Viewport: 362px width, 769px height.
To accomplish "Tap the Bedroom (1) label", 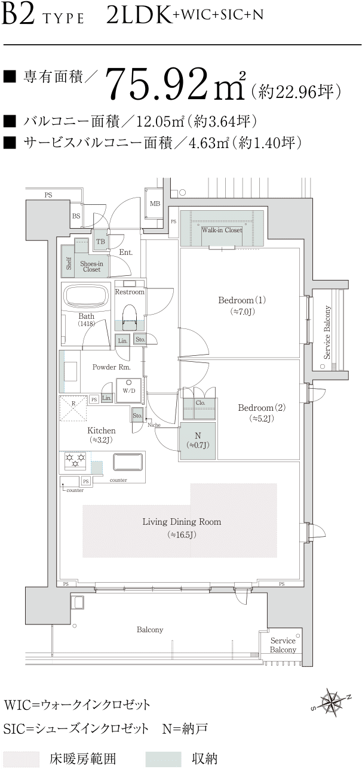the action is [x=242, y=300].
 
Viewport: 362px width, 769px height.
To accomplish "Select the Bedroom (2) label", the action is [x=262, y=408].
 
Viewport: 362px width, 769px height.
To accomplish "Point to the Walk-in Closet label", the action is [x=222, y=230].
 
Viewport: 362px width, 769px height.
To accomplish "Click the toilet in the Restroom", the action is [x=130, y=314].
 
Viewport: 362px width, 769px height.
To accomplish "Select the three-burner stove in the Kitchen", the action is [x=75, y=461].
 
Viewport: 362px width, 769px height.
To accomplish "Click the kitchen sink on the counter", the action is [x=127, y=463].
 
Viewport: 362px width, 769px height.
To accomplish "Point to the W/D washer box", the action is [x=129, y=390].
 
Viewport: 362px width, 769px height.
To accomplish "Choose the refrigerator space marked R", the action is [x=73, y=408].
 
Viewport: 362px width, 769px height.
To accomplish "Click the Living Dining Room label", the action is [x=182, y=522].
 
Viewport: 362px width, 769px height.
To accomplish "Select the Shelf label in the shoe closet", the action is [x=69, y=263].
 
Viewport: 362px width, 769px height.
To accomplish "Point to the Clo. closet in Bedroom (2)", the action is [x=200, y=403].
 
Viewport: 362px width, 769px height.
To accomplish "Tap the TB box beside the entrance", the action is [x=100, y=241].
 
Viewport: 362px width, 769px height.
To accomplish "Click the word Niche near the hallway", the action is [x=154, y=425].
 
